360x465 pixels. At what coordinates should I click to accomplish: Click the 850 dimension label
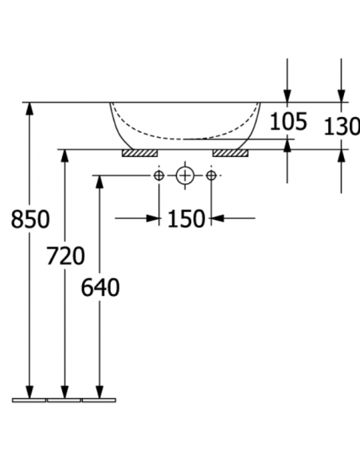pyautogui.click(x=30, y=219)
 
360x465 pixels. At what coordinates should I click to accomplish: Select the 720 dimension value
pyautogui.click(x=65, y=256)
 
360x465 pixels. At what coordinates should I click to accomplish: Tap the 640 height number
pyautogui.click(x=100, y=287)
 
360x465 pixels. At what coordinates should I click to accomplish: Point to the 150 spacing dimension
pyautogui.click(x=186, y=218)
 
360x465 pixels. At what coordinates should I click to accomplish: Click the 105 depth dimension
pyautogui.click(x=288, y=121)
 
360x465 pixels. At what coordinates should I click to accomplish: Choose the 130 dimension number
pyautogui.click(x=342, y=126)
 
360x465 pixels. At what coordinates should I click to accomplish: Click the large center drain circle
pyautogui.click(x=185, y=175)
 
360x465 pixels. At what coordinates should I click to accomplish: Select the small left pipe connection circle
pyautogui.click(x=159, y=175)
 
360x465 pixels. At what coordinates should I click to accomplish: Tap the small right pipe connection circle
pyautogui.click(x=211, y=175)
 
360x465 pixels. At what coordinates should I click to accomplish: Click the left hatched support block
pyautogui.click(x=139, y=153)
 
